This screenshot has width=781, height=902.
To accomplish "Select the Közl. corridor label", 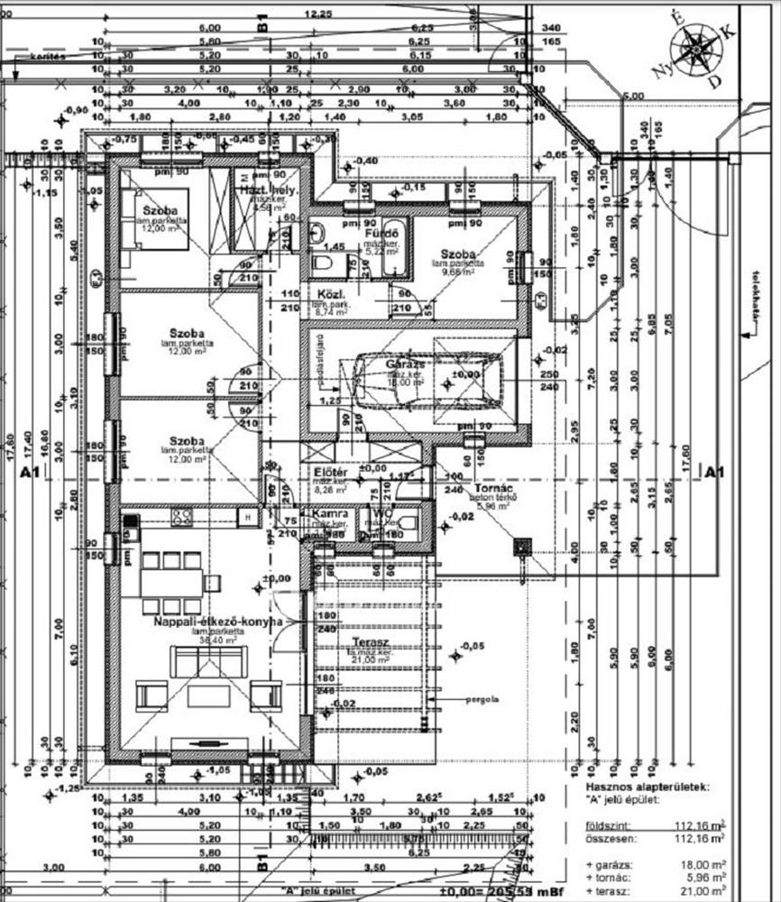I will (x=326, y=294).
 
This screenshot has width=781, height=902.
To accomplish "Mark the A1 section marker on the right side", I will (x=714, y=471).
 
